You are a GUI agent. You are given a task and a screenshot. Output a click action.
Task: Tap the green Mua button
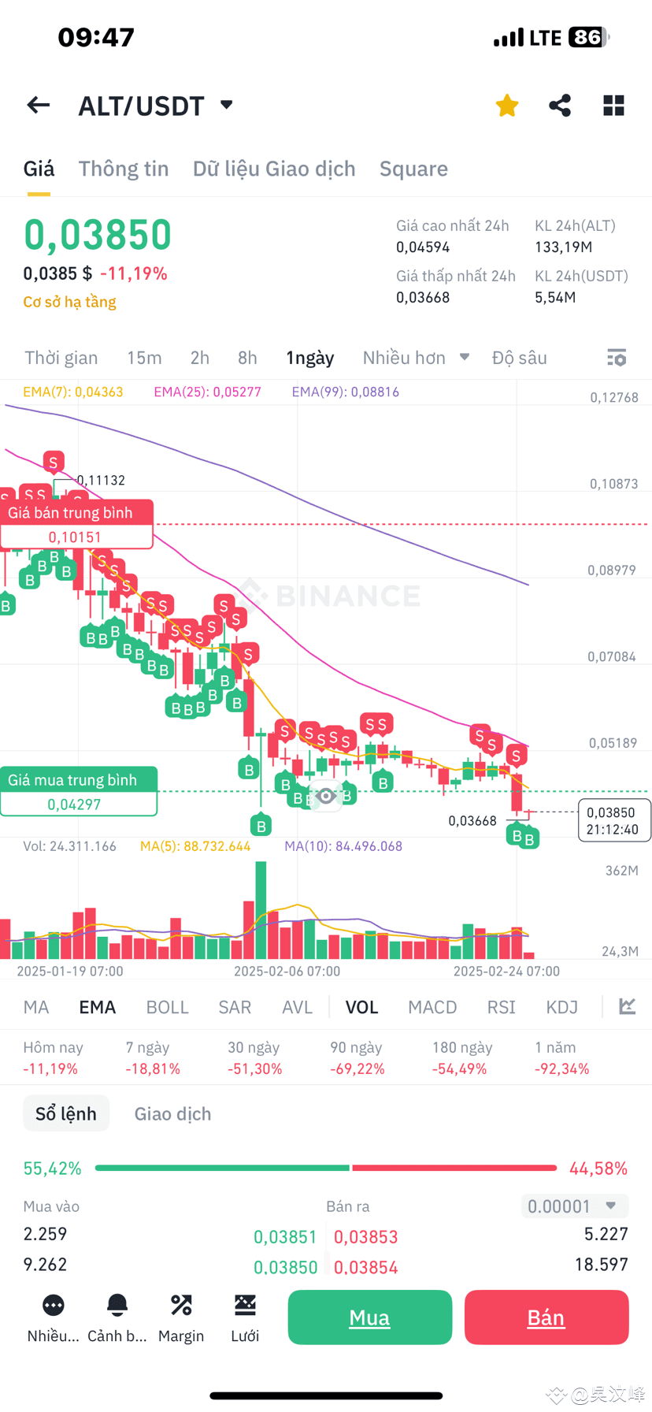pos(369,1317)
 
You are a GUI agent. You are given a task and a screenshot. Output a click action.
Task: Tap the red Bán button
pos(546,1317)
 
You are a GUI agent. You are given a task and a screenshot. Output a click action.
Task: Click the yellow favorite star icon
pos(507,106)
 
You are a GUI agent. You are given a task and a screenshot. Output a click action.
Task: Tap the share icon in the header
pos(560,106)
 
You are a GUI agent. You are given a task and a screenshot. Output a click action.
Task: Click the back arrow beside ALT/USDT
pos(38,106)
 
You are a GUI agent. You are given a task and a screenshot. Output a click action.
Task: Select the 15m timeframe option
pos(144,358)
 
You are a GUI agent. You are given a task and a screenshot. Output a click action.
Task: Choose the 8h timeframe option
pos(247,358)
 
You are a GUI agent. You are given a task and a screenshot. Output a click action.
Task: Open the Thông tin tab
pos(124,169)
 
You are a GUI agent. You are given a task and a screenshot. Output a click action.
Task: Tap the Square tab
pos(413,169)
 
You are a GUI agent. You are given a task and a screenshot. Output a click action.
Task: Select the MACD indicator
pos(432,1007)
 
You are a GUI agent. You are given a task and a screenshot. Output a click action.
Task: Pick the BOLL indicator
pos(167,1007)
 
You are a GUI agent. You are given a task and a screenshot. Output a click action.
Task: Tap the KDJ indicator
pos(561,1007)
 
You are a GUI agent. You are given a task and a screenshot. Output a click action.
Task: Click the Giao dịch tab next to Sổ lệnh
pos(172,1113)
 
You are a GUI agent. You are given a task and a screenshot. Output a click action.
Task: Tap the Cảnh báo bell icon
pos(117,1306)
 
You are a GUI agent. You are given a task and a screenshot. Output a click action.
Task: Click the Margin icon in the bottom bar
pos(181,1306)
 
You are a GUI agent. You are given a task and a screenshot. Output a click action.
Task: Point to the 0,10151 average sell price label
pos(75,537)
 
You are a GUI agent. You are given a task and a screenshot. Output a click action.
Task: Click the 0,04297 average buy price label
pos(74,804)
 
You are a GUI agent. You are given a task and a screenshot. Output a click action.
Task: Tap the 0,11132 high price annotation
pos(101,481)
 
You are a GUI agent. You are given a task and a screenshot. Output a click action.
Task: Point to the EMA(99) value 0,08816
pos(346,392)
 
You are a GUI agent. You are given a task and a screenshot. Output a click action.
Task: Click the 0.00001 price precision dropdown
pos(574,1206)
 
